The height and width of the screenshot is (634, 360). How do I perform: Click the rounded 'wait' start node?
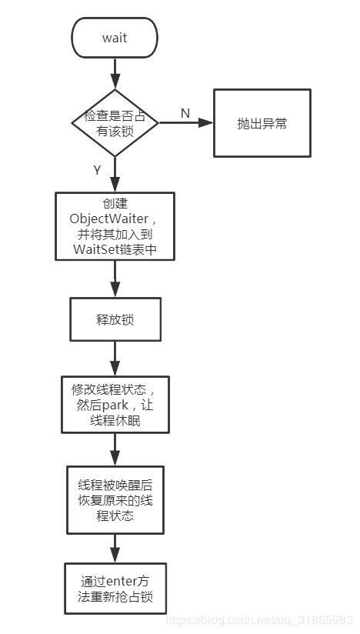click(x=115, y=38)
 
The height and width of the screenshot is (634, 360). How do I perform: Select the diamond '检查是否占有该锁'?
click(x=115, y=123)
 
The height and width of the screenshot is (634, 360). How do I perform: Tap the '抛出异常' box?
click(x=262, y=123)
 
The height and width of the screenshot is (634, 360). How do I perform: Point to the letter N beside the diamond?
click(x=185, y=113)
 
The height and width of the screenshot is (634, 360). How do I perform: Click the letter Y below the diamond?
click(x=97, y=170)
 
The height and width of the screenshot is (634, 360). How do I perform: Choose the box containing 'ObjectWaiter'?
click(x=115, y=226)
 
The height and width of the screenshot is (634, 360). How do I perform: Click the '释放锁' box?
click(x=115, y=319)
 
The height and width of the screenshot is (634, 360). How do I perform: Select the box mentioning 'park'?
click(x=115, y=405)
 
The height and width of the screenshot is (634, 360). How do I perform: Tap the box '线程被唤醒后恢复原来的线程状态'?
click(x=115, y=500)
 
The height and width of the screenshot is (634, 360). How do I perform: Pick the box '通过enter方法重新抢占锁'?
click(x=115, y=589)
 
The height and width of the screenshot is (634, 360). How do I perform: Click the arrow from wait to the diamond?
click(x=115, y=74)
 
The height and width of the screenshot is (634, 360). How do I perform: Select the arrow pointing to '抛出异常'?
click(x=186, y=122)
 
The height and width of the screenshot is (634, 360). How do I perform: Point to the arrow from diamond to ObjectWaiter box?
click(x=115, y=174)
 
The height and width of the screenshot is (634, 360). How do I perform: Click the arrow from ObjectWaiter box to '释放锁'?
click(x=115, y=279)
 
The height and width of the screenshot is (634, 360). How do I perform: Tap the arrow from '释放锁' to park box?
click(x=115, y=359)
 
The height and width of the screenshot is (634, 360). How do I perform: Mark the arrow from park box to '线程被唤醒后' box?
click(x=115, y=449)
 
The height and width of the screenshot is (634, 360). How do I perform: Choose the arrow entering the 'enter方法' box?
click(x=115, y=549)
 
